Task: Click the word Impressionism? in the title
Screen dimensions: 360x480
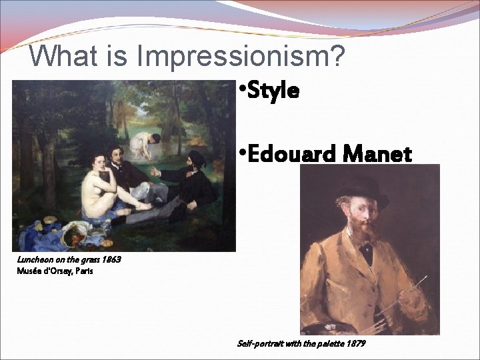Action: click(x=241, y=57)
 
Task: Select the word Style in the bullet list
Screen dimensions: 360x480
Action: click(x=273, y=91)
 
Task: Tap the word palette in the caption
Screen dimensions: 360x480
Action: click(x=326, y=343)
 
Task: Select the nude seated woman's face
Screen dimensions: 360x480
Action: click(x=99, y=162)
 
